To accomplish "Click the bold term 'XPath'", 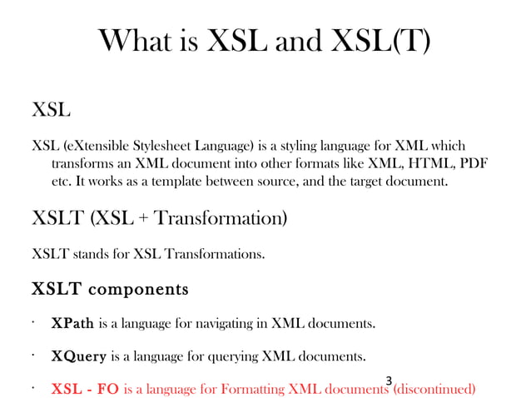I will tap(72, 322).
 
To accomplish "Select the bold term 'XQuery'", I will tap(78, 356).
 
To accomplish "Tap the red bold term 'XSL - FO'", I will tap(85, 389).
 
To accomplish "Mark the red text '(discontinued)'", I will tap(434, 389).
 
